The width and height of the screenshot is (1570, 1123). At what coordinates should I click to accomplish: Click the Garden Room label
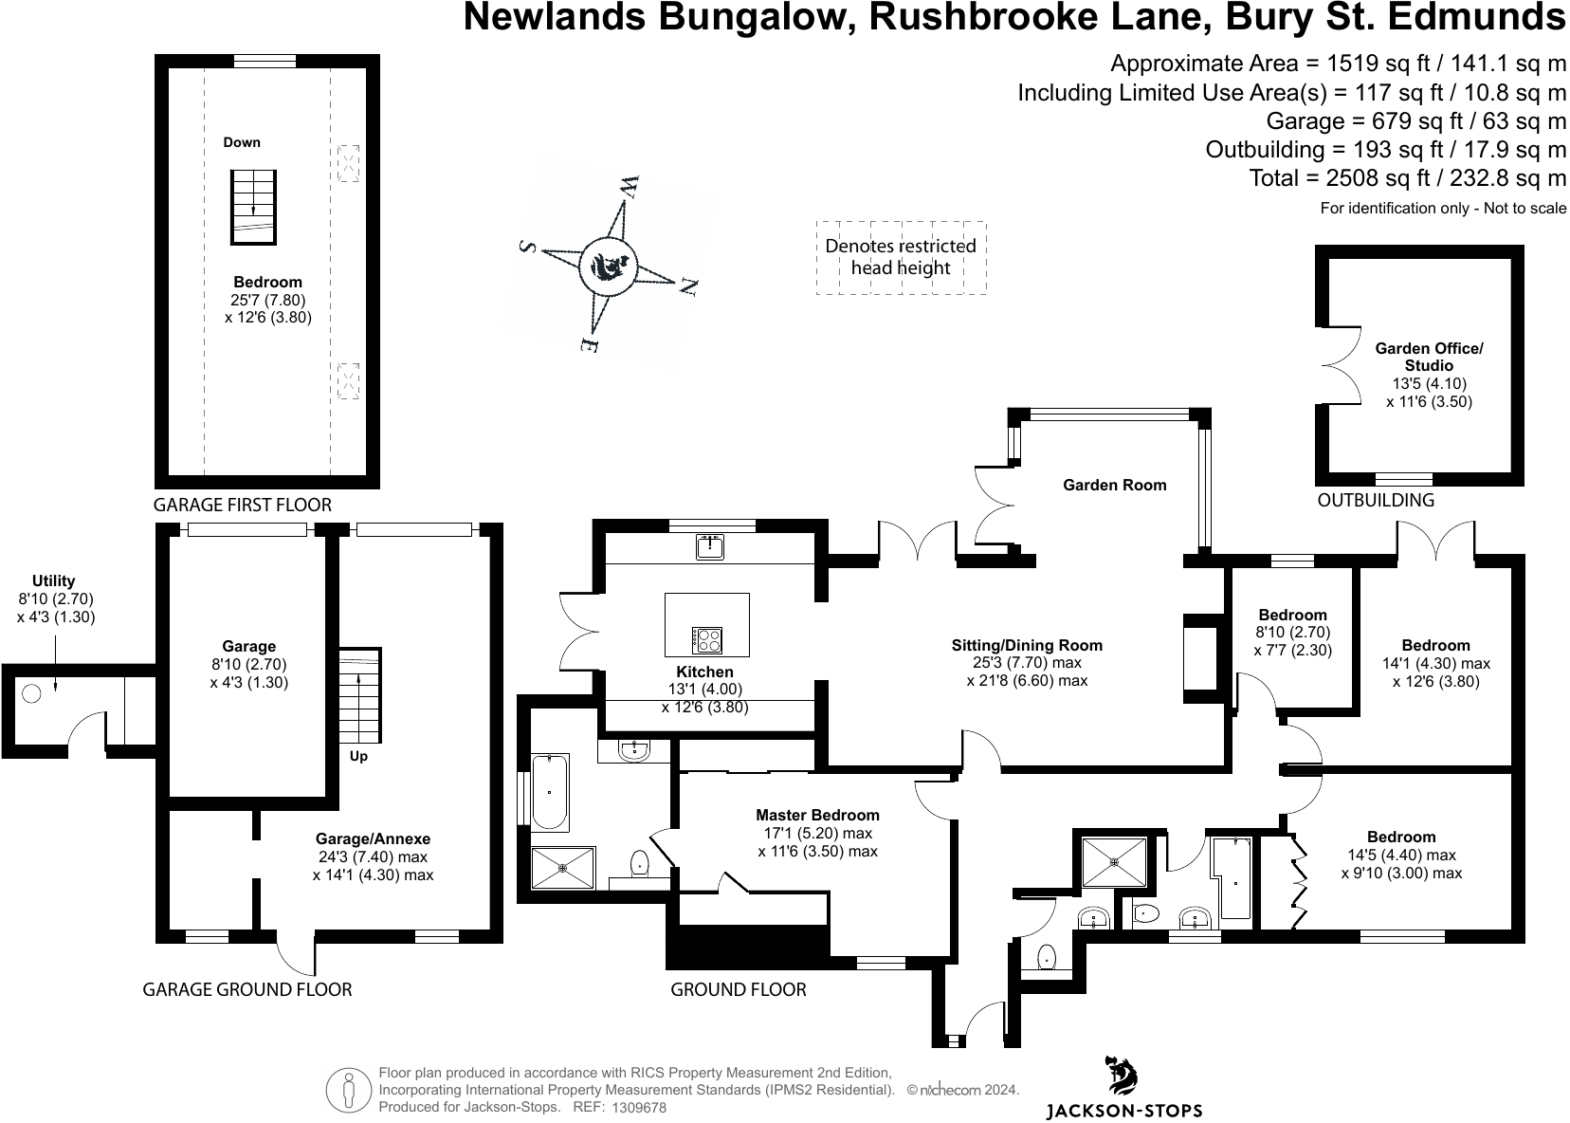(x=1114, y=485)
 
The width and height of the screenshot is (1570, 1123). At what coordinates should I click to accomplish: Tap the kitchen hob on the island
(x=708, y=638)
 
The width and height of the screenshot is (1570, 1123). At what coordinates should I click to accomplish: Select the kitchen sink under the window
(x=709, y=546)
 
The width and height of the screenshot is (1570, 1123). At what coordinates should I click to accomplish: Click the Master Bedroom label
(x=817, y=815)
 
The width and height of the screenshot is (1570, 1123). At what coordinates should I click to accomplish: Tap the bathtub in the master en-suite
(x=550, y=792)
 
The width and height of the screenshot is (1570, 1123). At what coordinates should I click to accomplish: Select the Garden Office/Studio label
(x=1428, y=357)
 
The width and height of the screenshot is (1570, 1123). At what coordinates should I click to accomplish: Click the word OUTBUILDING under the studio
(x=1376, y=500)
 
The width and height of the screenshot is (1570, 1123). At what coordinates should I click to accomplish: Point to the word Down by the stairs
(x=242, y=142)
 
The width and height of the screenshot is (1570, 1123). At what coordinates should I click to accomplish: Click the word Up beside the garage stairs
(x=358, y=757)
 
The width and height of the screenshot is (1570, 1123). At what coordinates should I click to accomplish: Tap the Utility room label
(x=53, y=580)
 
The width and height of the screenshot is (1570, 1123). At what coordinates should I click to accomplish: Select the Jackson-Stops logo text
(x=1123, y=1110)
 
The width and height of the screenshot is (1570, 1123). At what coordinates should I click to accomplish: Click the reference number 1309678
(x=640, y=1107)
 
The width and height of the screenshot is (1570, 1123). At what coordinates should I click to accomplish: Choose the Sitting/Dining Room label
(x=1027, y=645)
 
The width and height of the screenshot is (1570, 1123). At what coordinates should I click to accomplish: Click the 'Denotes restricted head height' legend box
(x=900, y=257)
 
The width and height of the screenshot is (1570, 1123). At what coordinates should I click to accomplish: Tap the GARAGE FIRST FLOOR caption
(x=243, y=505)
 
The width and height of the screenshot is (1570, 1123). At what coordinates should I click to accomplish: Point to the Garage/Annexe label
(x=373, y=838)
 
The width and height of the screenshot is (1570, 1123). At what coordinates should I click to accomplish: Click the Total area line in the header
(x=1407, y=177)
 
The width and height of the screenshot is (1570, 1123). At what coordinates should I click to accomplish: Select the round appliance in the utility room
(x=31, y=693)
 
